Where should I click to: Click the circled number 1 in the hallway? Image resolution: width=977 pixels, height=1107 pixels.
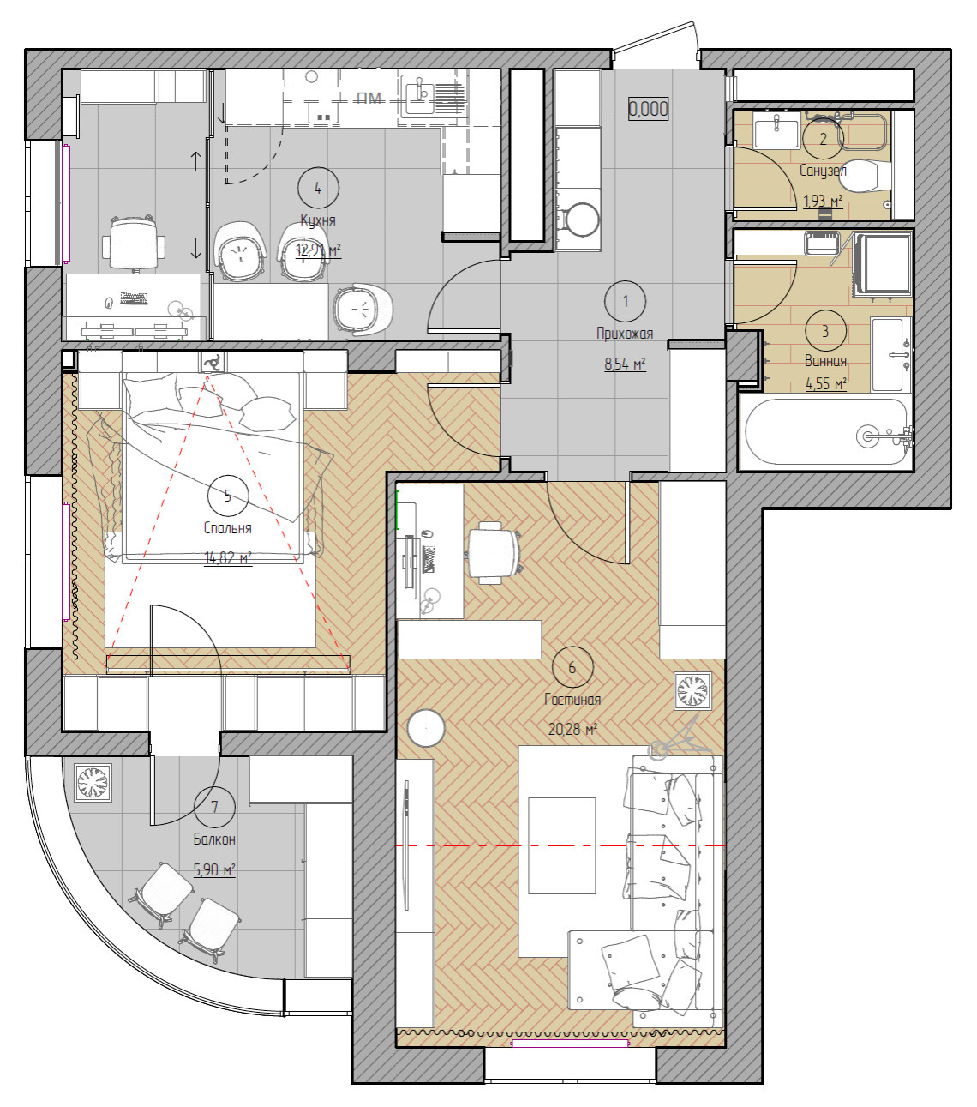click(x=626, y=301)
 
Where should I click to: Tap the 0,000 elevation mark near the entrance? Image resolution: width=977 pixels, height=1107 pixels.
click(x=648, y=109)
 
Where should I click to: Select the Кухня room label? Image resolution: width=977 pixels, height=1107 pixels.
click(x=318, y=220)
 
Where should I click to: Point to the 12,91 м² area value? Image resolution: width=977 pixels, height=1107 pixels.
click(x=319, y=250)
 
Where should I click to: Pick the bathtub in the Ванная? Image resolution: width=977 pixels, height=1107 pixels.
click(x=825, y=432)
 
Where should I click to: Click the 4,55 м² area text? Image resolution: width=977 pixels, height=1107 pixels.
click(x=826, y=383)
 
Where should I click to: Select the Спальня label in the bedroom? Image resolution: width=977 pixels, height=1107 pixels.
click(x=228, y=528)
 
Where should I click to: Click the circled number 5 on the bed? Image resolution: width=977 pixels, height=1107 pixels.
click(x=228, y=496)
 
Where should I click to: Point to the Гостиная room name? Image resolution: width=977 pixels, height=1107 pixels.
click(x=572, y=700)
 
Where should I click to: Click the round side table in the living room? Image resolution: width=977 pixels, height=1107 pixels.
click(x=426, y=728)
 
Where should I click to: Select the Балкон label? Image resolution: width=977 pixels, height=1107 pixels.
click(x=214, y=839)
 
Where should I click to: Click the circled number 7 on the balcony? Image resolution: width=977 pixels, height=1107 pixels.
click(x=214, y=807)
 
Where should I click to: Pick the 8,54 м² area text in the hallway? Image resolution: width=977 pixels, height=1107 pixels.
click(x=626, y=364)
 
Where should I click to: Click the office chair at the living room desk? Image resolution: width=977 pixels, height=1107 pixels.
click(x=493, y=552)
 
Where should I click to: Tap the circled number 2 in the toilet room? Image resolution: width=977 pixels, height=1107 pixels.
click(x=824, y=139)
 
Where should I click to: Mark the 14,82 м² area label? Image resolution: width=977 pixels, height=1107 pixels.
click(x=228, y=558)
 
